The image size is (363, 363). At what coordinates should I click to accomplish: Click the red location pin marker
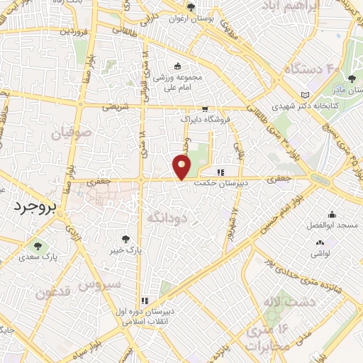pos(181,167)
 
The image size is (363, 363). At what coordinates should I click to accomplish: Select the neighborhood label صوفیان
pos(71,133)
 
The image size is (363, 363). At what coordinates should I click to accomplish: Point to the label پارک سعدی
pos(37,258)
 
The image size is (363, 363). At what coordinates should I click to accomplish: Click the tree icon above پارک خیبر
pos(126,239)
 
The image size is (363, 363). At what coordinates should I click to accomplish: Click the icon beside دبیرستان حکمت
pos(220,172)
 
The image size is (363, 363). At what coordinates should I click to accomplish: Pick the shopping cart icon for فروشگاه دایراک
pos(205,109)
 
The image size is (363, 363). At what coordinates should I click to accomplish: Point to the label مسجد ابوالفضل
pos(337,225)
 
